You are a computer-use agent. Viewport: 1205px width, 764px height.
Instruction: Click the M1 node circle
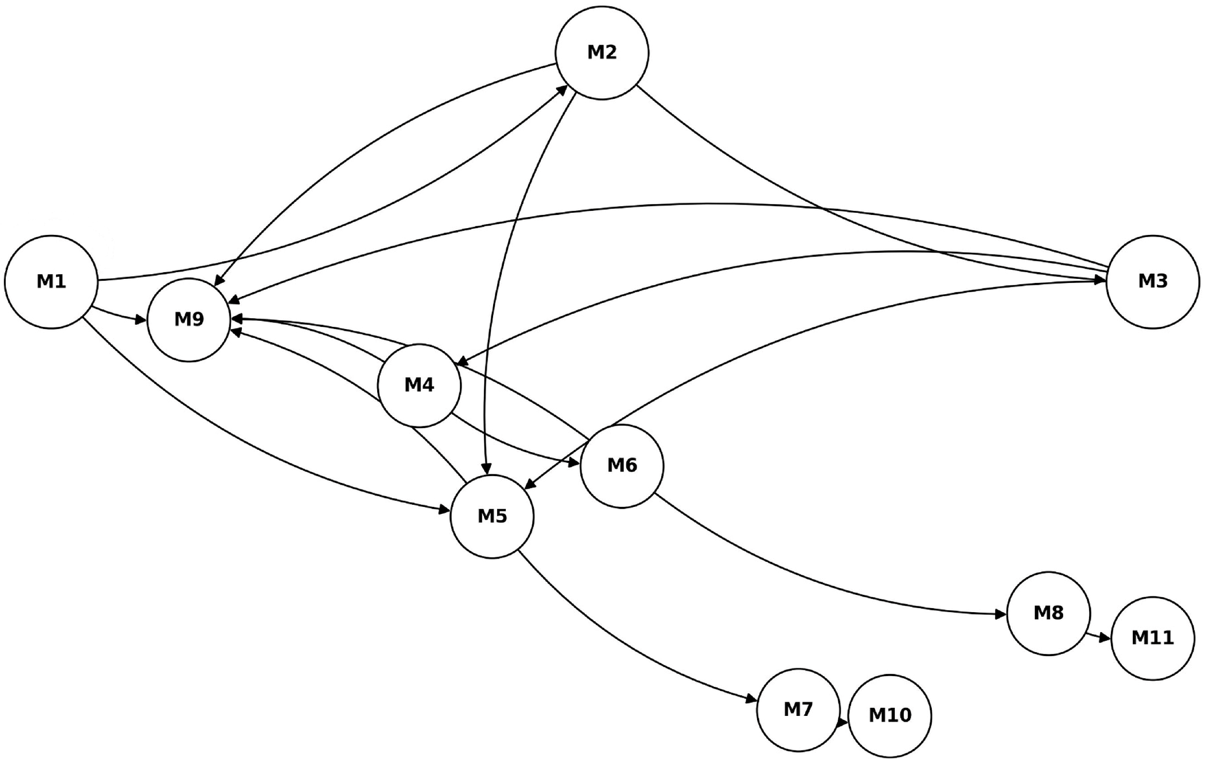(51, 282)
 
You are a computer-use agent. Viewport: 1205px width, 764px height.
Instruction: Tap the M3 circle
(1152, 282)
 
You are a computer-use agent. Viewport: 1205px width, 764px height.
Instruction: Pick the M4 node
(419, 386)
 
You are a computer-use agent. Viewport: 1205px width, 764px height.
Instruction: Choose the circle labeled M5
(492, 516)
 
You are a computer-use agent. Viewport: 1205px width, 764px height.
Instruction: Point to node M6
(622, 466)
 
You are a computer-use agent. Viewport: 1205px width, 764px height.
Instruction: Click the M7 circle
(798, 710)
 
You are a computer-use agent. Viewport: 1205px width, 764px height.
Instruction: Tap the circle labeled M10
(890, 716)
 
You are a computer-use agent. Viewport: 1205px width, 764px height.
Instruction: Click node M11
(1152, 638)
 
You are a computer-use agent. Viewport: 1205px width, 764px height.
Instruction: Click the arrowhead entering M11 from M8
(1105, 638)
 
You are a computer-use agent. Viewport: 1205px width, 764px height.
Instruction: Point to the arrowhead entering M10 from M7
(843, 723)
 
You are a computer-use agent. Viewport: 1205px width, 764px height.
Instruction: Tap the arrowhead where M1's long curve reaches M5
(445, 510)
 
